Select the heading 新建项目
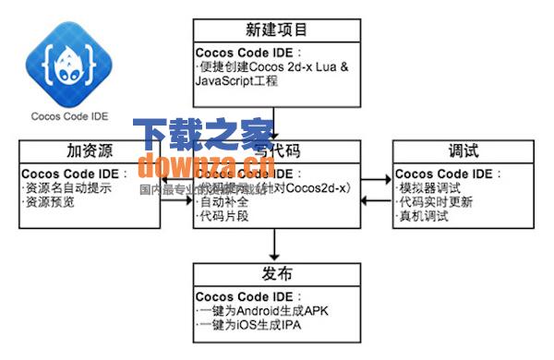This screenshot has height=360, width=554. click(277, 30)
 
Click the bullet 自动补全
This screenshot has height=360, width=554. click(224, 202)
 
